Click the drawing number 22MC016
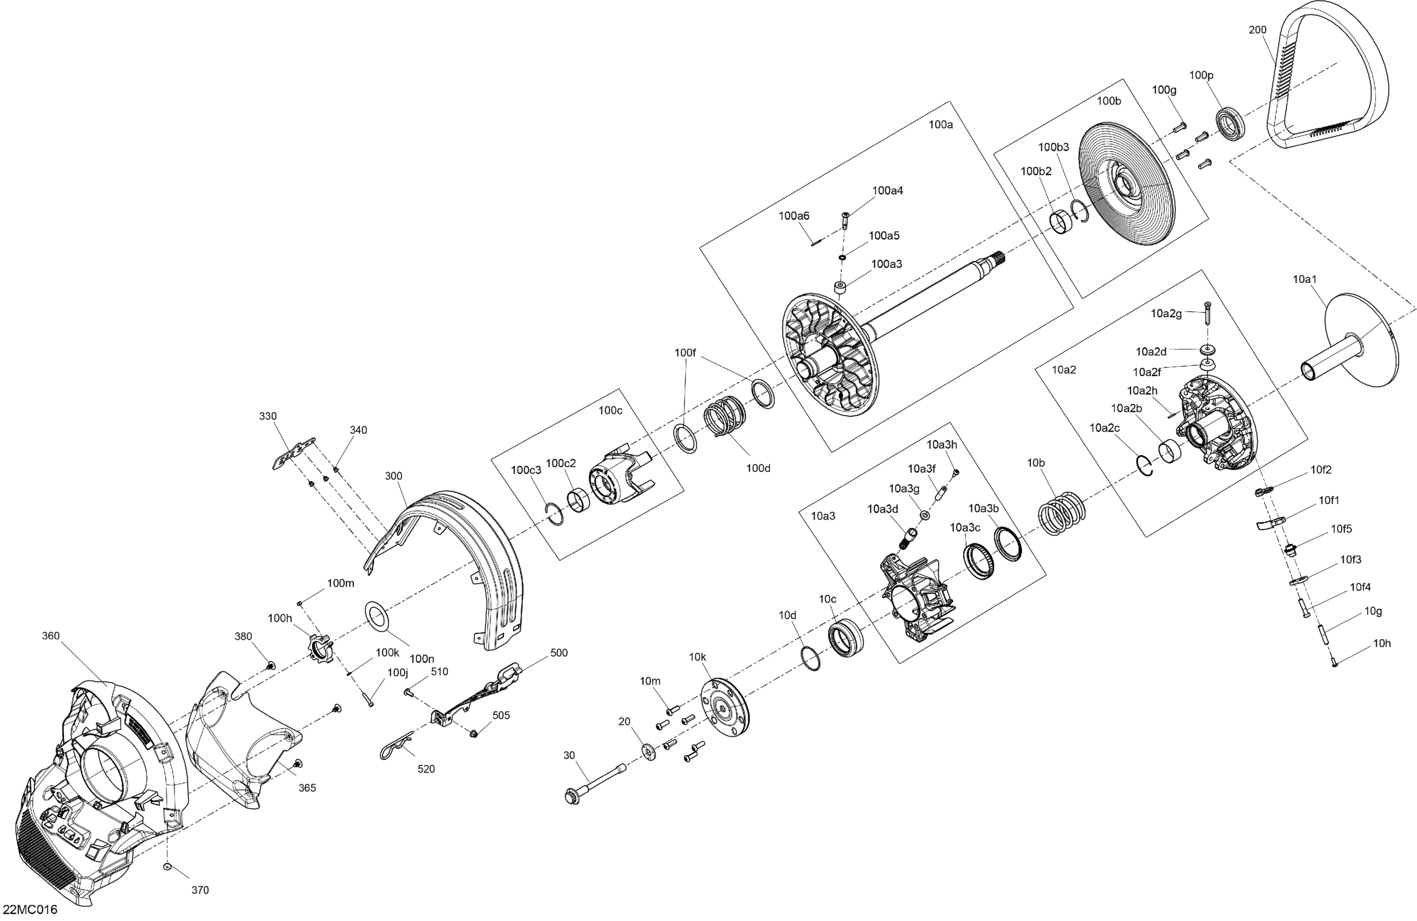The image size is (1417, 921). tap(30, 910)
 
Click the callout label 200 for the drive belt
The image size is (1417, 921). tap(1257, 30)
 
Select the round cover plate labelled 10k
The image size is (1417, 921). tap(724, 709)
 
